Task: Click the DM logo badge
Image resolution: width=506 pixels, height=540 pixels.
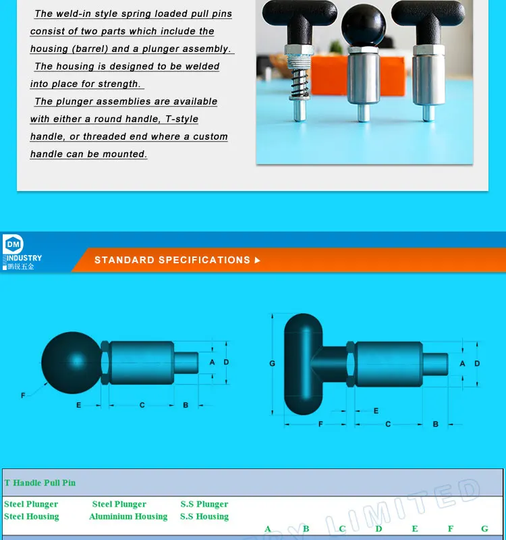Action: [13, 244]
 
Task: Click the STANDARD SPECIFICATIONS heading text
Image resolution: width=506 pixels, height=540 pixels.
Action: [172, 260]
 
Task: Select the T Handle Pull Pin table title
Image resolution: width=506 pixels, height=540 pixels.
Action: [40, 483]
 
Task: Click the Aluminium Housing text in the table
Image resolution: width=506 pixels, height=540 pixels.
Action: [128, 516]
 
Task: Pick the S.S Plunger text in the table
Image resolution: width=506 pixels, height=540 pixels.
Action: [204, 504]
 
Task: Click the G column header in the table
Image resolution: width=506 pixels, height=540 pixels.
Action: [484, 529]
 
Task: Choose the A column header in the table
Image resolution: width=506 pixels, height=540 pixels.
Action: [268, 529]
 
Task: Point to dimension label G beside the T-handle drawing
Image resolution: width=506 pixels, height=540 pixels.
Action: [273, 364]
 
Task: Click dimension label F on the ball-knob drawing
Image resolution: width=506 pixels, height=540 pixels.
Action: [23, 395]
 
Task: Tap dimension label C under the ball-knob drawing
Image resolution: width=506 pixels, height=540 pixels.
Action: [142, 405]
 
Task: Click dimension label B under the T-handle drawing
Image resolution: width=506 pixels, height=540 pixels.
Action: [435, 424]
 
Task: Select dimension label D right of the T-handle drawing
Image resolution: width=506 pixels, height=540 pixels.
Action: [477, 363]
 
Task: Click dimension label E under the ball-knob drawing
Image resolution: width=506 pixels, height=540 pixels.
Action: [79, 405]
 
